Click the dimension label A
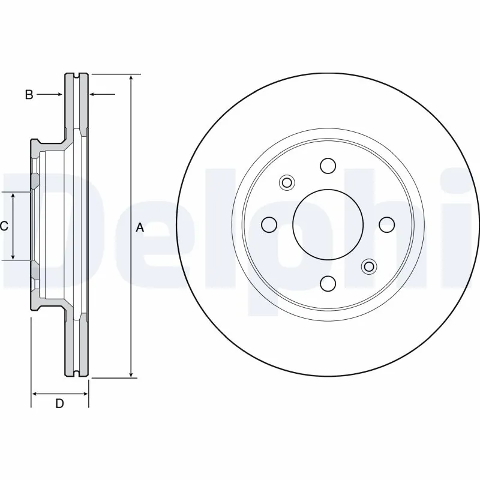click(x=140, y=227)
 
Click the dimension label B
click(x=28, y=94)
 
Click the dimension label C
click(x=4, y=226)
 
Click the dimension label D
click(x=59, y=404)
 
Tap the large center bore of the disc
click(x=328, y=224)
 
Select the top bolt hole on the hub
click(x=328, y=166)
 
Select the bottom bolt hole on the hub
click(x=328, y=283)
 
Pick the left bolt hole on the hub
click(x=269, y=224)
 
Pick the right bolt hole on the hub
click(x=386, y=224)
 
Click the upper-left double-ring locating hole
click(x=287, y=182)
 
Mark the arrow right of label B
click(x=58, y=94)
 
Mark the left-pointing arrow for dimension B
click(x=94, y=94)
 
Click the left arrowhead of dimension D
click(x=35, y=394)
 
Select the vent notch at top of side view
click(x=76, y=75)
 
